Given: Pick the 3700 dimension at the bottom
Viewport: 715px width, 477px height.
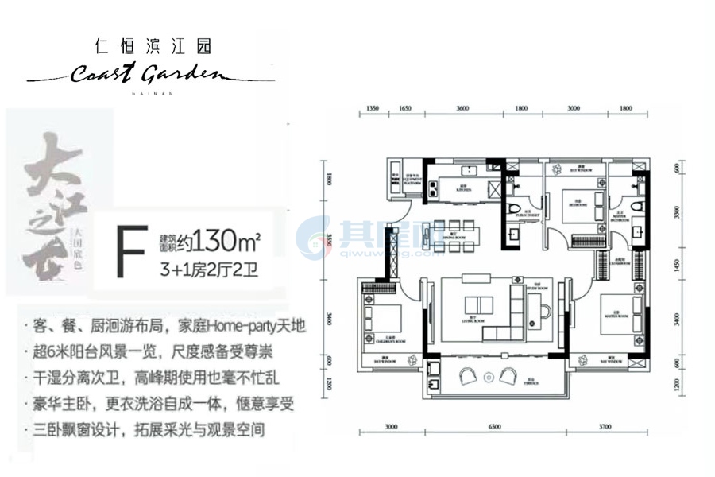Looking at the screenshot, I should [605, 427].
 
